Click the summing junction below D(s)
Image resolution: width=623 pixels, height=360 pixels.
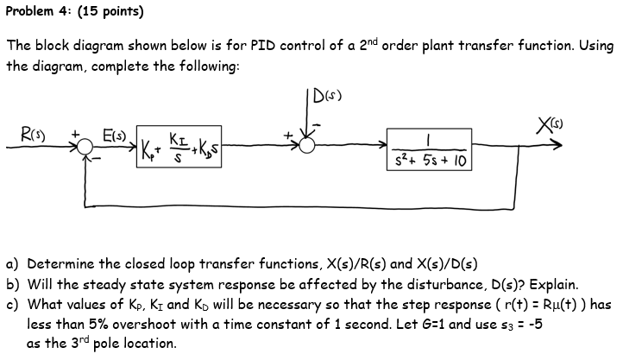[307, 148]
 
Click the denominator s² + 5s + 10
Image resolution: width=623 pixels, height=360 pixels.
[430, 161]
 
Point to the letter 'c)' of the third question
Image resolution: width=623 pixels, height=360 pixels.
[13, 304]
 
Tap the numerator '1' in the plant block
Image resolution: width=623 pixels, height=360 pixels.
[430, 139]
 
